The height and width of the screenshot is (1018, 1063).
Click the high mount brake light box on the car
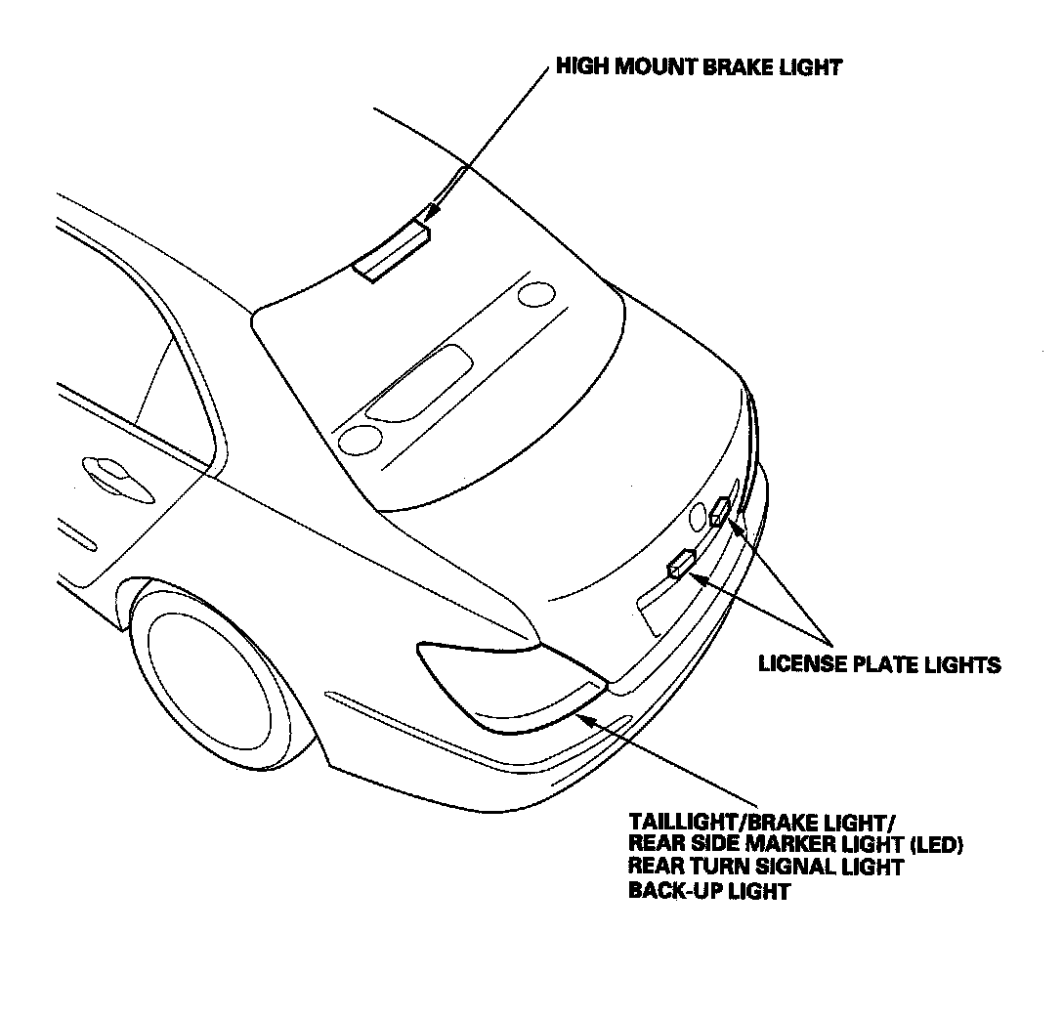tap(392, 252)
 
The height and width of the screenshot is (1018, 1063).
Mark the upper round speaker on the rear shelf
tap(534, 294)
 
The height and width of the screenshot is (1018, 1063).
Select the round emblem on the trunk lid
tap(698, 515)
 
